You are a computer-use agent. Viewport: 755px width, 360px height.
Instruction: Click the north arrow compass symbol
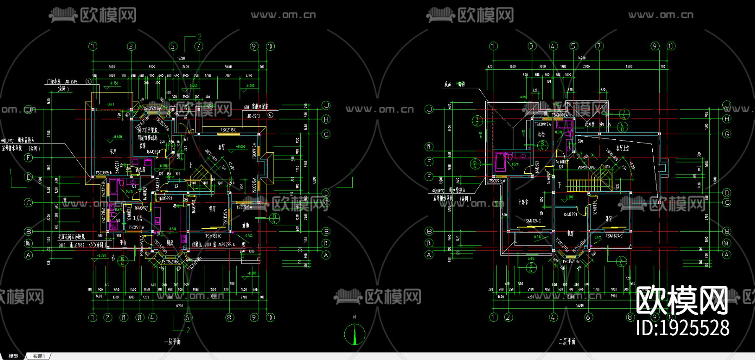355,334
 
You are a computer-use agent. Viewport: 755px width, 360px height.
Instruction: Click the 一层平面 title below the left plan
172,342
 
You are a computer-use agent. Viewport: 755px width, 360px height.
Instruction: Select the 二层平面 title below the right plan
567,342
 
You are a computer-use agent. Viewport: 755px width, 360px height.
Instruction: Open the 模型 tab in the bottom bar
13,356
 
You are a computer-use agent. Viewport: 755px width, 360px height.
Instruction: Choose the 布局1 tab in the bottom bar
39,356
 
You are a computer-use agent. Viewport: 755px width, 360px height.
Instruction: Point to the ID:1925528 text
682,328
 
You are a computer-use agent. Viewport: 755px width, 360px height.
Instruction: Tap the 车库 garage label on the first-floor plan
113,151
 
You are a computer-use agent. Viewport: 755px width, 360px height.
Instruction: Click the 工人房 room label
138,218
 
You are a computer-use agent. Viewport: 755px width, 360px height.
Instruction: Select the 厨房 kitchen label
170,243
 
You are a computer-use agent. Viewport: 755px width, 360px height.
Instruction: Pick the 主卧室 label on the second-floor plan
523,202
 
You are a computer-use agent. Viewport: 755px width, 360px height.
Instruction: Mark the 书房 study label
570,234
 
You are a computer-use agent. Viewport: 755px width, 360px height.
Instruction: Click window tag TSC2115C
229,130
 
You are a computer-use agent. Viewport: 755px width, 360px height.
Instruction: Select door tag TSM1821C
213,236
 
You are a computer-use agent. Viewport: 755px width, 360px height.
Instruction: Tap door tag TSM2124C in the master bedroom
532,221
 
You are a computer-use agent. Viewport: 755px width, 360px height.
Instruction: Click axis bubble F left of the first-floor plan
29,158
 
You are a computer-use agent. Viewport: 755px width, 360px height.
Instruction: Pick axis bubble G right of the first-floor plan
326,134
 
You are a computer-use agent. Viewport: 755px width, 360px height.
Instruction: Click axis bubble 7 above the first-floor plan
198,46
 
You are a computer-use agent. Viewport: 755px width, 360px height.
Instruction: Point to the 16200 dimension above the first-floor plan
181,58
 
